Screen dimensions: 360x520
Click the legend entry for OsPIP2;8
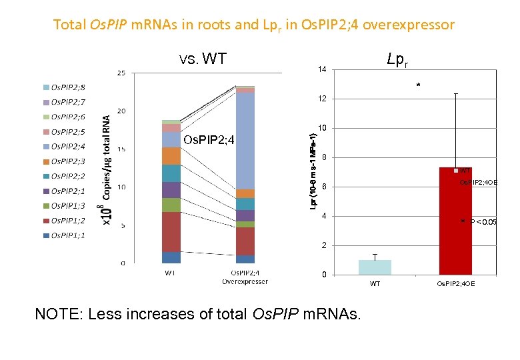(67, 87)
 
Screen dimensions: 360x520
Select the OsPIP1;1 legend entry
(67, 235)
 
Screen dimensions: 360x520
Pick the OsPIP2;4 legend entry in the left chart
(67, 146)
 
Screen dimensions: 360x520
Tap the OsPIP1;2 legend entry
(67, 221)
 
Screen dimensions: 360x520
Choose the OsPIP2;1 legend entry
(67, 191)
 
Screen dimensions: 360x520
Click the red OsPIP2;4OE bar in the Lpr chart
(456, 221)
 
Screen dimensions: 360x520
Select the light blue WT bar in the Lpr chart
(375, 267)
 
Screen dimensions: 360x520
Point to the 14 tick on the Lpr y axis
(322, 70)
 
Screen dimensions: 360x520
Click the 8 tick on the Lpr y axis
(324, 158)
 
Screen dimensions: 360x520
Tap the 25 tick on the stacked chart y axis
(121, 73)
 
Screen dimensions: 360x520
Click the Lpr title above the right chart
(397, 60)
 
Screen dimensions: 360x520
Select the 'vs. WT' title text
(203, 59)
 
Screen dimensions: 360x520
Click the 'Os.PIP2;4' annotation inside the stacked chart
(209, 140)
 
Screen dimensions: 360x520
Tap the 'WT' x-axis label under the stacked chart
(171, 273)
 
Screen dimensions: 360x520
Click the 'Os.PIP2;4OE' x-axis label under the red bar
(455, 284)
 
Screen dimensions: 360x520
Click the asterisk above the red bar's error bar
(418, 86)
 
